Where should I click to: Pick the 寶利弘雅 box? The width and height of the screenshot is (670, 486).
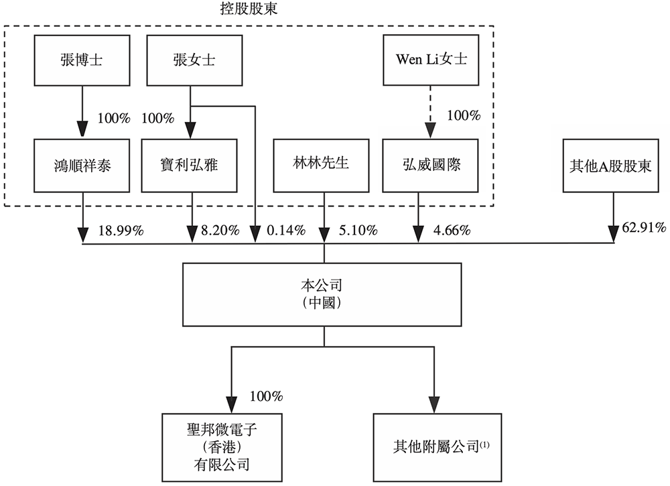[x=191, y=164]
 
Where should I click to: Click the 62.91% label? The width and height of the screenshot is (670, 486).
[x=644, y=229]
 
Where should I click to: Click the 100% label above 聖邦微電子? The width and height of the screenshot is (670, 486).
[x=266, y=396]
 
